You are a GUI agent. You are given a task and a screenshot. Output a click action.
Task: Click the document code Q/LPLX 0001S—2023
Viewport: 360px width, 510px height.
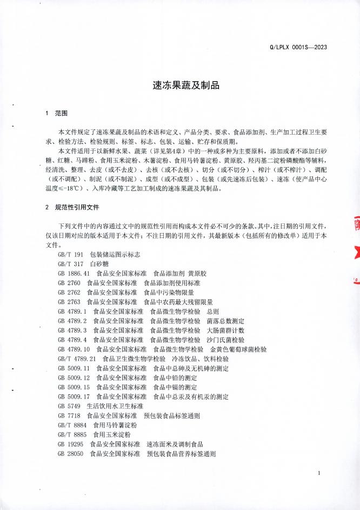point(298,47)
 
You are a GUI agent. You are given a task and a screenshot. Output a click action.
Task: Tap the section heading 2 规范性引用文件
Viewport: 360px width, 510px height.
point(73,207)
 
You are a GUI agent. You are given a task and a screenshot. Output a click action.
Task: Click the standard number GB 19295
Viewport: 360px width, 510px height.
point(70,444)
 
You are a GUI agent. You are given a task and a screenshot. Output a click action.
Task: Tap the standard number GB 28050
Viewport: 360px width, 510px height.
point(70,454)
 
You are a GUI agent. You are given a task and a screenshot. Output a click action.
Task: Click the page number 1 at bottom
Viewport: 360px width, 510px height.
point(321,474)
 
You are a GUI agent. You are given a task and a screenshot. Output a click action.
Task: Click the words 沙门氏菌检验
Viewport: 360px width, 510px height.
point(225,340)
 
